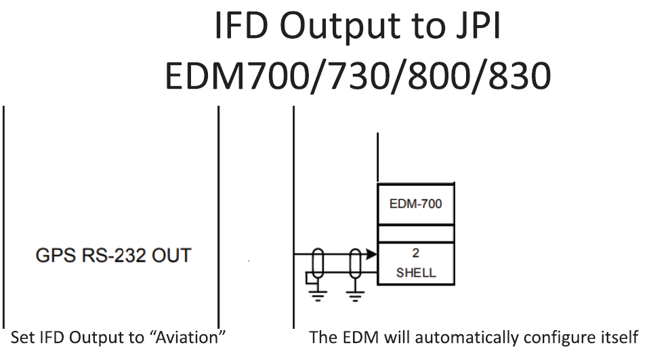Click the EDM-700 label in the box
415,203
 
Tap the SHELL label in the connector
415,273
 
